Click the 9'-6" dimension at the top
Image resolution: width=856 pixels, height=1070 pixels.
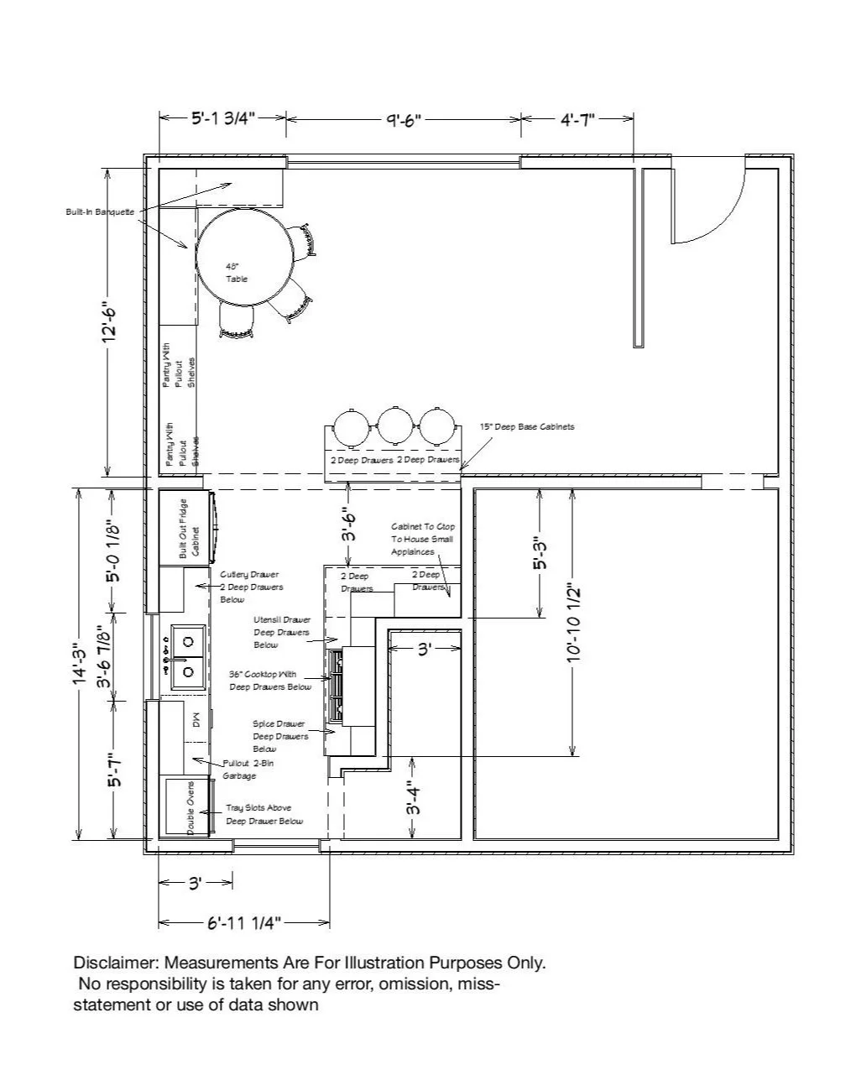pyautogui.click(x=403, y=119)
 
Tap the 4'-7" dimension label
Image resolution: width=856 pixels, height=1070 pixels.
pyautogui.click(x=577, y=119)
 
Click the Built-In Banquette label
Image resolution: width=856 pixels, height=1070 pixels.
pyautogui.click(x=100, y=211)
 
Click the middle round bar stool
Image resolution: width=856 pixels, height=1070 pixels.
pyautogui.click(x=393, y=426)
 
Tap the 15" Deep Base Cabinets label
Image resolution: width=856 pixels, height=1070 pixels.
pyautogui.click(x=527, y=427)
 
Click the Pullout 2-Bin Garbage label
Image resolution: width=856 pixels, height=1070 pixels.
pyautogui.click(x=248, y=770)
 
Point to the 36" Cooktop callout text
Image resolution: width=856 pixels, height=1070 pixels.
pyautogui.click(x=270, y=680)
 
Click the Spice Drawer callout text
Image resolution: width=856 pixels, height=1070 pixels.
pyautogui.click(x=279, y=736)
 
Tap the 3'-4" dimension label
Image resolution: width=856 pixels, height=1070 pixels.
pyautogui.click(x=412, y=798)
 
